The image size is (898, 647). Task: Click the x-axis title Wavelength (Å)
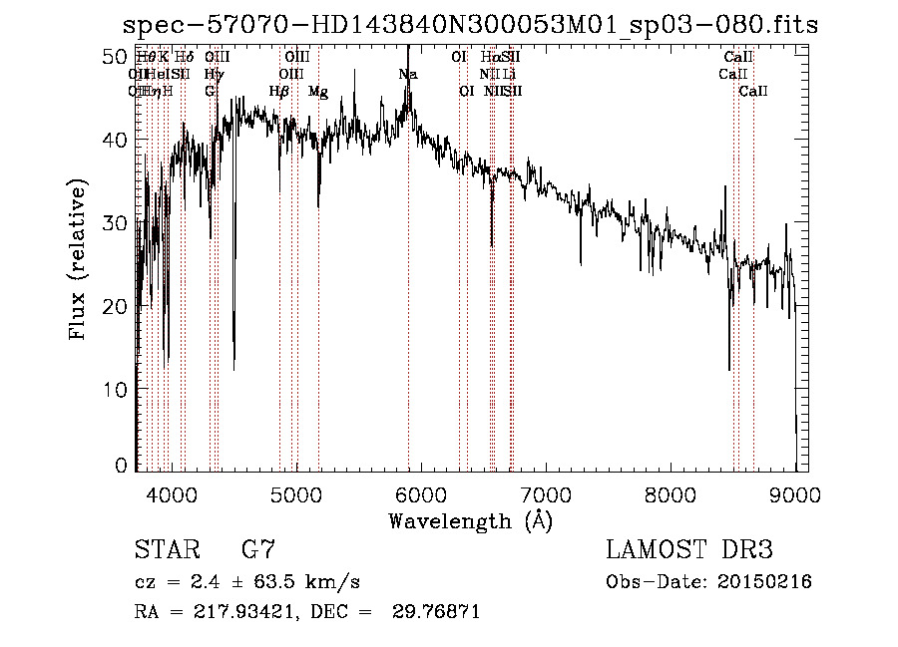(470, 520)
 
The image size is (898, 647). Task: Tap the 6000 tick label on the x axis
(420, 493)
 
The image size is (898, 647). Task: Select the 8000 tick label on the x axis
(671, 493)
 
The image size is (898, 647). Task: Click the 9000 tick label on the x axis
(795, 493)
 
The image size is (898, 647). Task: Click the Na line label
(407, 75)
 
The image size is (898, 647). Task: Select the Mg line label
(318, 92)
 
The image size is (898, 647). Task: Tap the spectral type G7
(256, 550)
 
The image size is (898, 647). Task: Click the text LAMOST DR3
(688, 550)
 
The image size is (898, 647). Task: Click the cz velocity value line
(246, 582)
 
